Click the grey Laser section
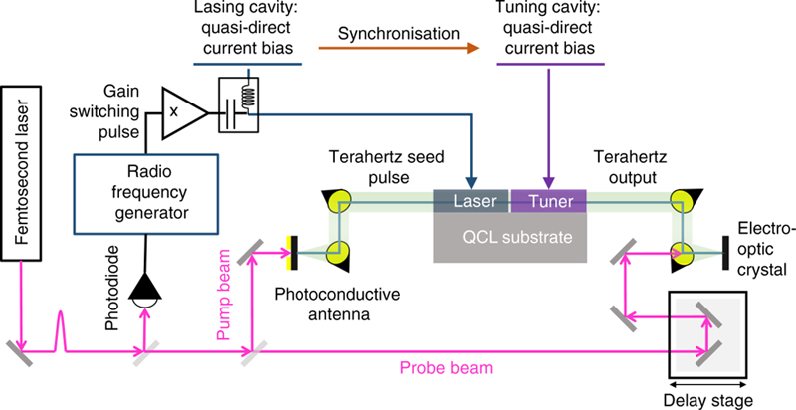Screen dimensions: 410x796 pyautogui.click(x=471, y=200)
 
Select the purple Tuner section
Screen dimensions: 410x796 pyautogui.click(x=548, y=200)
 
